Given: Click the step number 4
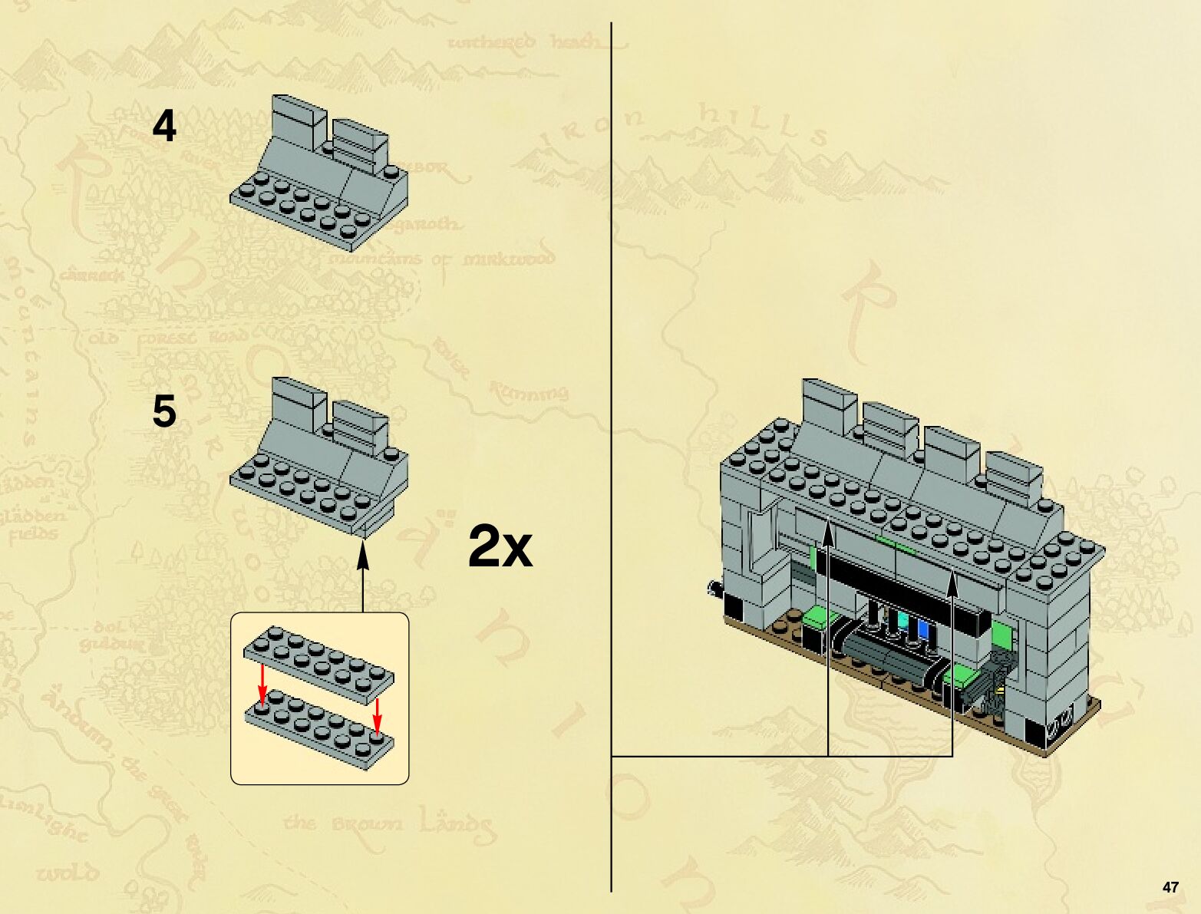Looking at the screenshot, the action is (x=164, y=126).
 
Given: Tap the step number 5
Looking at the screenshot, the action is (x=164, y=411).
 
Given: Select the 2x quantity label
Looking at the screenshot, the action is (x=500, y=546).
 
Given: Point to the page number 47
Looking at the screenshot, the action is (x=1170, y=887).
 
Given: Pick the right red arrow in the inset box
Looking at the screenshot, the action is (x=377, y=715).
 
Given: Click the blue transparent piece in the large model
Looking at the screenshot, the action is (x=922, y=630).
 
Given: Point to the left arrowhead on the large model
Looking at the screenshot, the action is (x=828, y=533).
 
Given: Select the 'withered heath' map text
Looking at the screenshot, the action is (x=524, y=42).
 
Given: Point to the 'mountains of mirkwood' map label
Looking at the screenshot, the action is (x=440, y=259).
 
